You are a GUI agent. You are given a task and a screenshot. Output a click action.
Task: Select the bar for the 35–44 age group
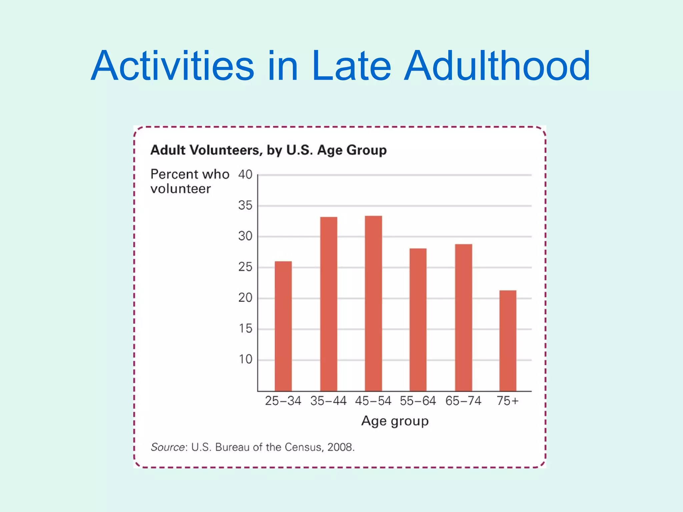point(328,304)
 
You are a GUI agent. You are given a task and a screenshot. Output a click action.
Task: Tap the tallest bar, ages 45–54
point(374,303)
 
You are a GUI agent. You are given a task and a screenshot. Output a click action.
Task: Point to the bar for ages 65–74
point(464,317)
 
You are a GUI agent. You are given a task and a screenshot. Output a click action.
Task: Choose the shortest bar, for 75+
point(508,340)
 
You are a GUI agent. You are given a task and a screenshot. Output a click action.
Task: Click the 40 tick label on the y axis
point(245,174)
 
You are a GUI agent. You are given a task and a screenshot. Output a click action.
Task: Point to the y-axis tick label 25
point(245,267)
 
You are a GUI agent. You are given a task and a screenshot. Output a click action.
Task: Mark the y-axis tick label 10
point(245,359)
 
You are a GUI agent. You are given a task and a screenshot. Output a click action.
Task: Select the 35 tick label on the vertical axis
point(245,205)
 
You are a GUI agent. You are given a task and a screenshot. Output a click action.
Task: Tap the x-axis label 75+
point(508,401)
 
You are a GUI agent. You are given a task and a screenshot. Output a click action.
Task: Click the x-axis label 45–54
point(373,401)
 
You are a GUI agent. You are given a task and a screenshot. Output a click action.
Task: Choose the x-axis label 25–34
point(283,401)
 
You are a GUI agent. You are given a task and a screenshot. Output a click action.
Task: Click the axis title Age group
point(395,421)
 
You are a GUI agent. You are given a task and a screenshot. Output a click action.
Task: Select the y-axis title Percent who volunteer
point(190,181)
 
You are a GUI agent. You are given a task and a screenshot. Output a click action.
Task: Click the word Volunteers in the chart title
point(224,150)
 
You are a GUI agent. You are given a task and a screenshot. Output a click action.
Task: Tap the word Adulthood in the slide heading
point(497,66)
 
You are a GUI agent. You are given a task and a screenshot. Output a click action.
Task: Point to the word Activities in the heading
point(172,66)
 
